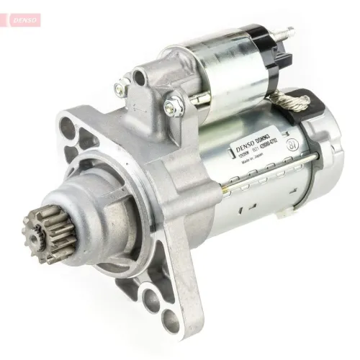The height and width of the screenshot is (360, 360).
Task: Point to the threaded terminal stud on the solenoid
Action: pos(288,33)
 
